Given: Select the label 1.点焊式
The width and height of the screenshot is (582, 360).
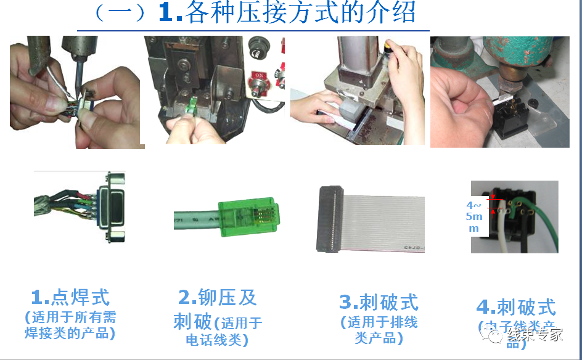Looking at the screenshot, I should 70,298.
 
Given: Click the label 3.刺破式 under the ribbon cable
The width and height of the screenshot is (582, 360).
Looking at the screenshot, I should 379,302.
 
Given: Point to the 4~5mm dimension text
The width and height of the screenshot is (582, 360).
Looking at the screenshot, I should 475,216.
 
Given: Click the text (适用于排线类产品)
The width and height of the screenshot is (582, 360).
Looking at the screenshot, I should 379,330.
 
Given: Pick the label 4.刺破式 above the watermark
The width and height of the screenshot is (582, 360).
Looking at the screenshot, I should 516,306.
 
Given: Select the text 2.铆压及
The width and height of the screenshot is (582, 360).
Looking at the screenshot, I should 217,297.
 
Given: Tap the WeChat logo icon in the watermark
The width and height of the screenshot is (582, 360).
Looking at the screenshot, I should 494,336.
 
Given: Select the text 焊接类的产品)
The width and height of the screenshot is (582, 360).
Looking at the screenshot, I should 70,333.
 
